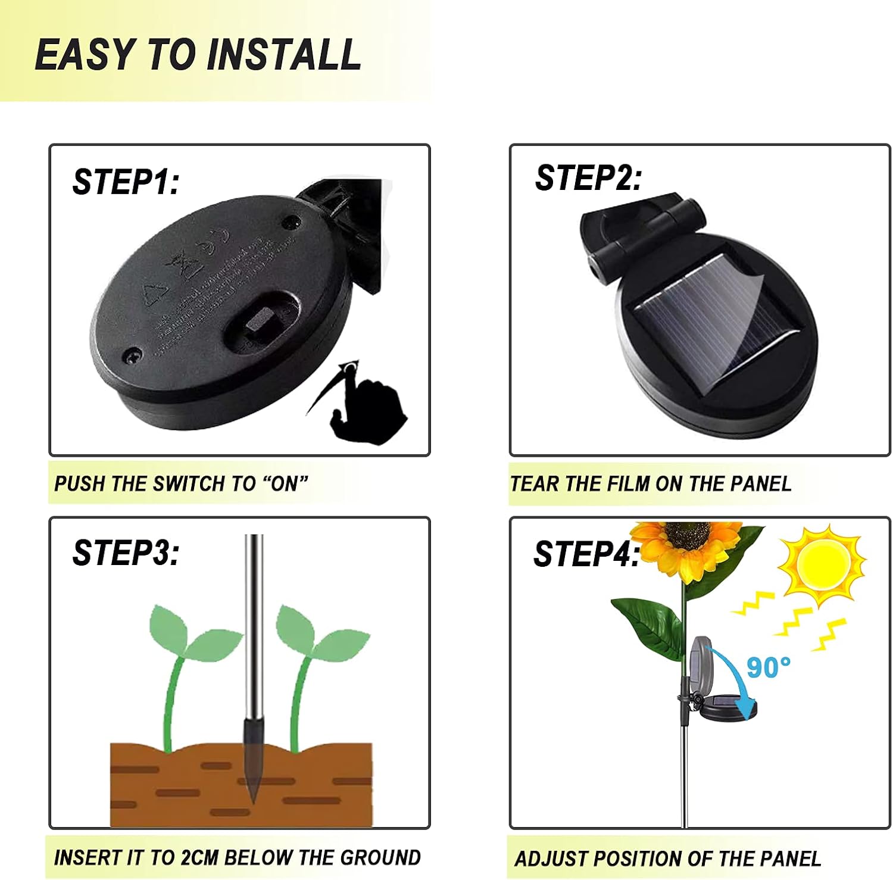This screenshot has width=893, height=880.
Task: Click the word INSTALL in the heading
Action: click(x=283, y=54)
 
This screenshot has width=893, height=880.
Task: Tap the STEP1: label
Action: click(x=125, y=182)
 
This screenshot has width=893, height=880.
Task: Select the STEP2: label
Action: click(x=588, y=177)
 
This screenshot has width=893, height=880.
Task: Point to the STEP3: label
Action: click(x=125, y=553)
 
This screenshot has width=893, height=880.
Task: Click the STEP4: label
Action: click(x=586, y=554)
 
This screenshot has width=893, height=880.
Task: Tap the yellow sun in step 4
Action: click(x=822, y=566)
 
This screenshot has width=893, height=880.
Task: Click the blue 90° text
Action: click(x=768, y=667)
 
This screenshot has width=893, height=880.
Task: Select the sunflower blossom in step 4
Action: click(x=687, y=547)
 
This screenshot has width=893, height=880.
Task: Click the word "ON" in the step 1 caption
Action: click(x=285, y=483)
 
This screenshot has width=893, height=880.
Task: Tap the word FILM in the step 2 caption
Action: click(x=629, y=483)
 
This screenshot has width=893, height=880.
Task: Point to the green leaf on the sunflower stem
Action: click(x=649, y=625)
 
